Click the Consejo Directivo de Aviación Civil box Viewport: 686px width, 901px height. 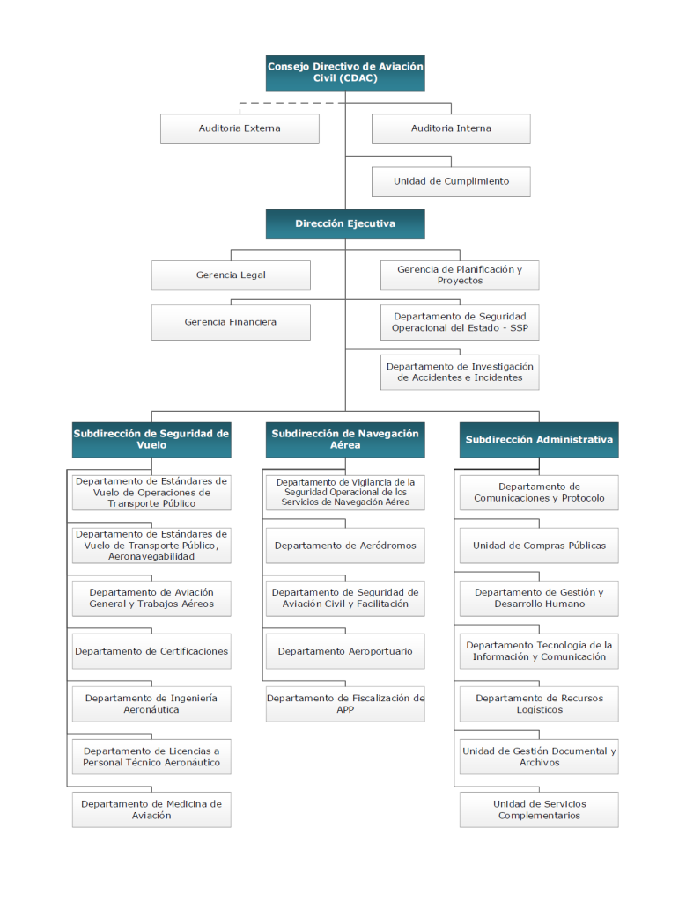345,73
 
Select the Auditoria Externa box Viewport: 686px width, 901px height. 240,128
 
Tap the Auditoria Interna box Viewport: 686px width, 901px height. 451,128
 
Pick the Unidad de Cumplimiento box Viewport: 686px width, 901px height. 451,181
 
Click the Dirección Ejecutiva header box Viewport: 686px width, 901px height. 345,224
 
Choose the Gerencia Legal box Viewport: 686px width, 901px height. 231,275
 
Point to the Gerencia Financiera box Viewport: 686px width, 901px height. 231,322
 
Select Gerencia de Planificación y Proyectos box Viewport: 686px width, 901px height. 460,275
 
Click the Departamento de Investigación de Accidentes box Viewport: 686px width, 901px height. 460,372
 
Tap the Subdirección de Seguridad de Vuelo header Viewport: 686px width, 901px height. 151,440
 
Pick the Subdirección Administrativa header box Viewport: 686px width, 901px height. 539,440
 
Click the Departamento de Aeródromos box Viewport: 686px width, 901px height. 345,546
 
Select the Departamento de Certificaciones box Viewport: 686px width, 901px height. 151,651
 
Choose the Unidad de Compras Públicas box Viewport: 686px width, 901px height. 539,546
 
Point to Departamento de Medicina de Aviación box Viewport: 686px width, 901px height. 151,809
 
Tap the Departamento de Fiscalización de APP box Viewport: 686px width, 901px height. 345,704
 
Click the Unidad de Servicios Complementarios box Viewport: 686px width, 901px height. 539,809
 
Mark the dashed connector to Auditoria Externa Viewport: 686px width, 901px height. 292,104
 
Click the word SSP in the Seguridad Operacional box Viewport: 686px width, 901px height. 519,328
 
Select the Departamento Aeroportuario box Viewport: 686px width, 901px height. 345,651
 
